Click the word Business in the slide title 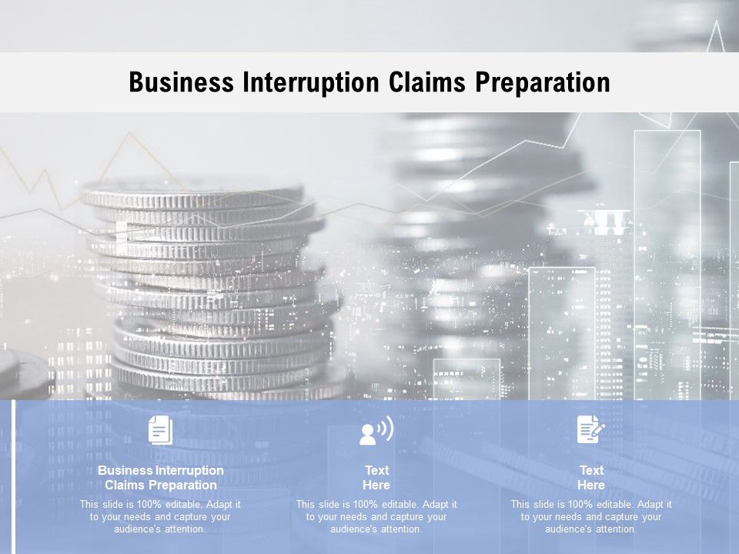click(x=182, y=82)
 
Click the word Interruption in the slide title click(x=311, y=82)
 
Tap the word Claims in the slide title click(x=427, y=82)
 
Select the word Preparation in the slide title click(x=543, y=83)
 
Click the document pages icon click(x=160, y=429)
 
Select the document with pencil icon click(x=590, y=429)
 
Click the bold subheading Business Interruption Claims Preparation click(x=161, y=478)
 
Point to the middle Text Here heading click(x=376, y=478)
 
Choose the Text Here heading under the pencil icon click(x=591, y=478)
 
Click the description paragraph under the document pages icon click(x=160, y=517)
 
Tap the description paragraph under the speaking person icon click(x=376, y=517)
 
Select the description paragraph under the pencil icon click(x=591, y=517)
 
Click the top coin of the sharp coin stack click(x=193, y=194)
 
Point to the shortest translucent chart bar click(x=466, y=379)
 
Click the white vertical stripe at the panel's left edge click(x=14, y=477)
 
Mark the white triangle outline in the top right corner click(x=716, y=36)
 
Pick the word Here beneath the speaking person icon click(x=376, y=486)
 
